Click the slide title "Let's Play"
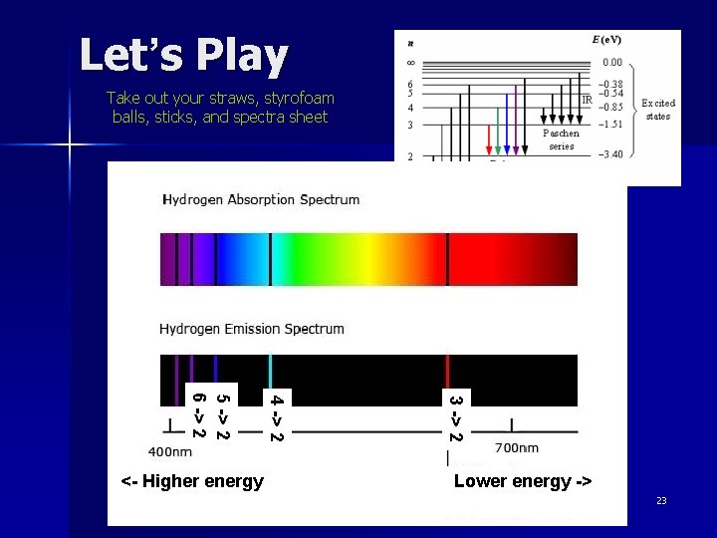[x=183, y=56]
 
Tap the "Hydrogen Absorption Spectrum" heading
[x=261, y=199]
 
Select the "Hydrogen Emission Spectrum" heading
[x=252, y=329]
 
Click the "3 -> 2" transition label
[x=455, y=418]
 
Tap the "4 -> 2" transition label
[x=276, y=418]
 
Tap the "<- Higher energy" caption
[x=192, y=482]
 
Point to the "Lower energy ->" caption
[x=523, y=482]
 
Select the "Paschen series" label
[x=561, y=139]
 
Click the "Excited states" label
[x=658, y=110]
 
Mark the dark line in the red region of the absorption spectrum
[x=447, y=259]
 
